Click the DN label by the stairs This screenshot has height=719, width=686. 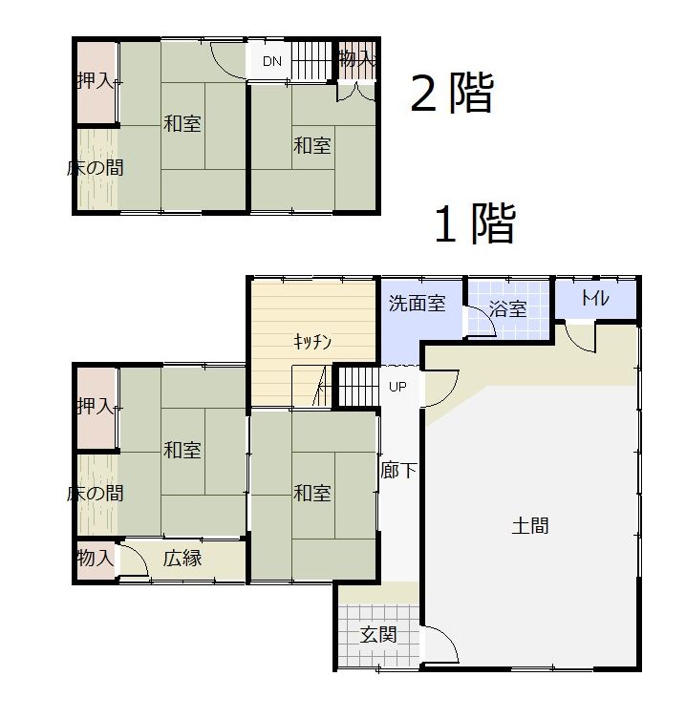tap(272, 61)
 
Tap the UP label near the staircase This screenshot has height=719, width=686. tap(397, 387)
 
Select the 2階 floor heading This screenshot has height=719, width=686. tap(452, 93)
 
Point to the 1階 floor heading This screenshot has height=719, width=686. tap(475, 223)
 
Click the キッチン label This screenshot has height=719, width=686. tap(312, 342)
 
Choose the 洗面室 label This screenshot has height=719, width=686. tap(418, 303)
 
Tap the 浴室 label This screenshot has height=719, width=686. tap(507, 308)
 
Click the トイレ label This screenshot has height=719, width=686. tap(595, 298)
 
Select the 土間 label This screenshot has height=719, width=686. tap(530, 525)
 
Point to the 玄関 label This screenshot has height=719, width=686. tap(378, 635)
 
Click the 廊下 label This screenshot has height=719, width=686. tap(398, 470)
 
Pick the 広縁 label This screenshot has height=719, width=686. tap(182, 558)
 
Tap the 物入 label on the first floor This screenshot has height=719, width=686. tap(95, 558)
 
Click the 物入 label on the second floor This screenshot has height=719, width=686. tap(357, 58)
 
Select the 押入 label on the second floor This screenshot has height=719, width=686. tap(95, 81)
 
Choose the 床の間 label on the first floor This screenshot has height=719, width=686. tap(95, 494)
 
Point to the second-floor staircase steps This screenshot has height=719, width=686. tap(311, 61)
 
